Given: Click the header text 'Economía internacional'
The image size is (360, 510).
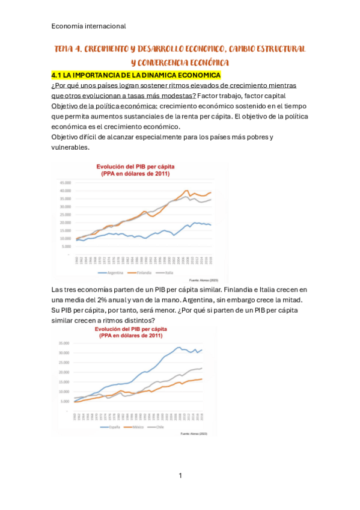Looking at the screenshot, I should click(x=88, y=26).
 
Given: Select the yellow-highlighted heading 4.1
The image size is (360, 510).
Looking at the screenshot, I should click(x=136, y=75).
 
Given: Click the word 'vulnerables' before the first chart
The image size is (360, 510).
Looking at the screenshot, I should click(x=71, y=147).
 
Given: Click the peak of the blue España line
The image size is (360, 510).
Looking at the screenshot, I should click(x=178, y=347).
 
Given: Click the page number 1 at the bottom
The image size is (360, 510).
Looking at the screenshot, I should click(x=180, y=476).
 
